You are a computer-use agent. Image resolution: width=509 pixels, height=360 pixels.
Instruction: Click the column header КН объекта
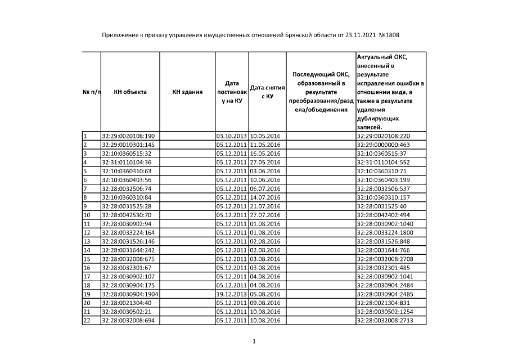pos(130,92)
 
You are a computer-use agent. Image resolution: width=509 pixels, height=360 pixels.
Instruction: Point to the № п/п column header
pos(91,92)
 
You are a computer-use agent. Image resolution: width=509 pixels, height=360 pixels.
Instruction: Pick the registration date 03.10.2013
pos(231,136)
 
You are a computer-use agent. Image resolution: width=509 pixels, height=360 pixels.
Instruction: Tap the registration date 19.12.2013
pos(231,294)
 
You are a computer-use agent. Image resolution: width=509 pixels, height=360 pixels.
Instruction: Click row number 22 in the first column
pos(87,321)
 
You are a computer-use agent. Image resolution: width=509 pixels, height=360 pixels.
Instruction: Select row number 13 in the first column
pos(87,241)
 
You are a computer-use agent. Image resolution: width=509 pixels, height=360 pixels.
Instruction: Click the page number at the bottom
pos(254,341)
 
